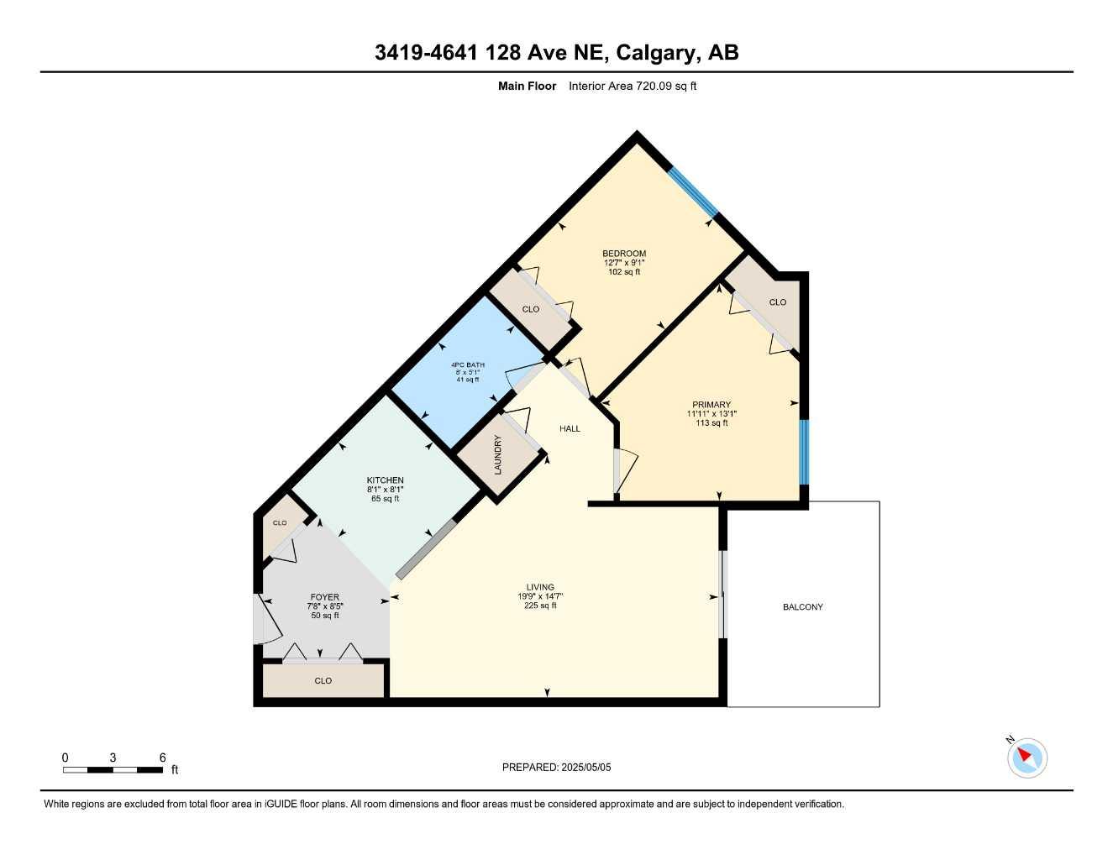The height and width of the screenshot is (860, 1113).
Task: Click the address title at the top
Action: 556,53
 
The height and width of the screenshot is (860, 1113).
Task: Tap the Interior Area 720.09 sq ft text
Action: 633,86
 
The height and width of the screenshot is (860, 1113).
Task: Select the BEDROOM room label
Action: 624,254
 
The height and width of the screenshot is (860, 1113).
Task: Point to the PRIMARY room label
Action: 711,405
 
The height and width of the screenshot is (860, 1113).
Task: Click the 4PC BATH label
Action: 468,365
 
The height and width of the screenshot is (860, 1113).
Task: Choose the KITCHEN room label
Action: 385,480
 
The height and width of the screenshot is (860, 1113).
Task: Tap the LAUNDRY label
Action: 498,454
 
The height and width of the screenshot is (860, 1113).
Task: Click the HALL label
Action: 570,428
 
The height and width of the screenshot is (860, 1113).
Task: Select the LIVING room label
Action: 540,588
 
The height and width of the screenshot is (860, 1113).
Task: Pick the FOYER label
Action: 325,597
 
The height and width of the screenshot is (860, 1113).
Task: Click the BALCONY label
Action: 803,606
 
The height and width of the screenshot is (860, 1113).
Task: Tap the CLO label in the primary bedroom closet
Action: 778,302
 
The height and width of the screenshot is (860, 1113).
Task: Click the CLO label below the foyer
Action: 323,681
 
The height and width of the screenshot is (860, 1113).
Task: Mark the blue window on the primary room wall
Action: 803,452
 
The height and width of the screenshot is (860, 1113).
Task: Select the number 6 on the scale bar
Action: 162,758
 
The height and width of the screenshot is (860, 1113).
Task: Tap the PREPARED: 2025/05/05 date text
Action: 556,767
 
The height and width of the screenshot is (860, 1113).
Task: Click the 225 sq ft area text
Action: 540,606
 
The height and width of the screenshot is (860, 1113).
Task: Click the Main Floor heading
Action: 527,86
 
